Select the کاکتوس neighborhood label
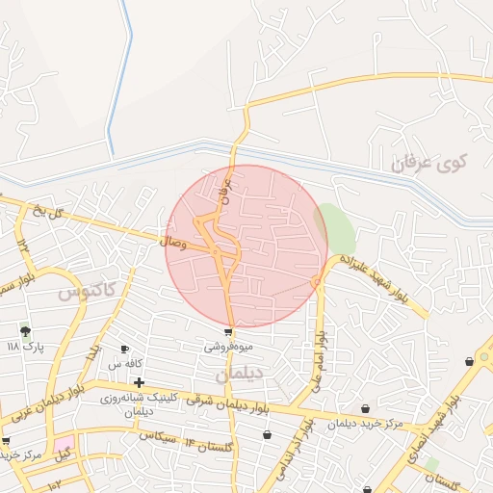point(86,289)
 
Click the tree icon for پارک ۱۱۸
point(25,330)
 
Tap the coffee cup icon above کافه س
point(124,349)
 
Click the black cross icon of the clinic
point(140,383)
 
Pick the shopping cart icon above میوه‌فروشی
point(228,330)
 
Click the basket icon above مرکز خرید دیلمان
point(364,409)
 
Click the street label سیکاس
point(159,436)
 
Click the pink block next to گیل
point(63,451)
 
